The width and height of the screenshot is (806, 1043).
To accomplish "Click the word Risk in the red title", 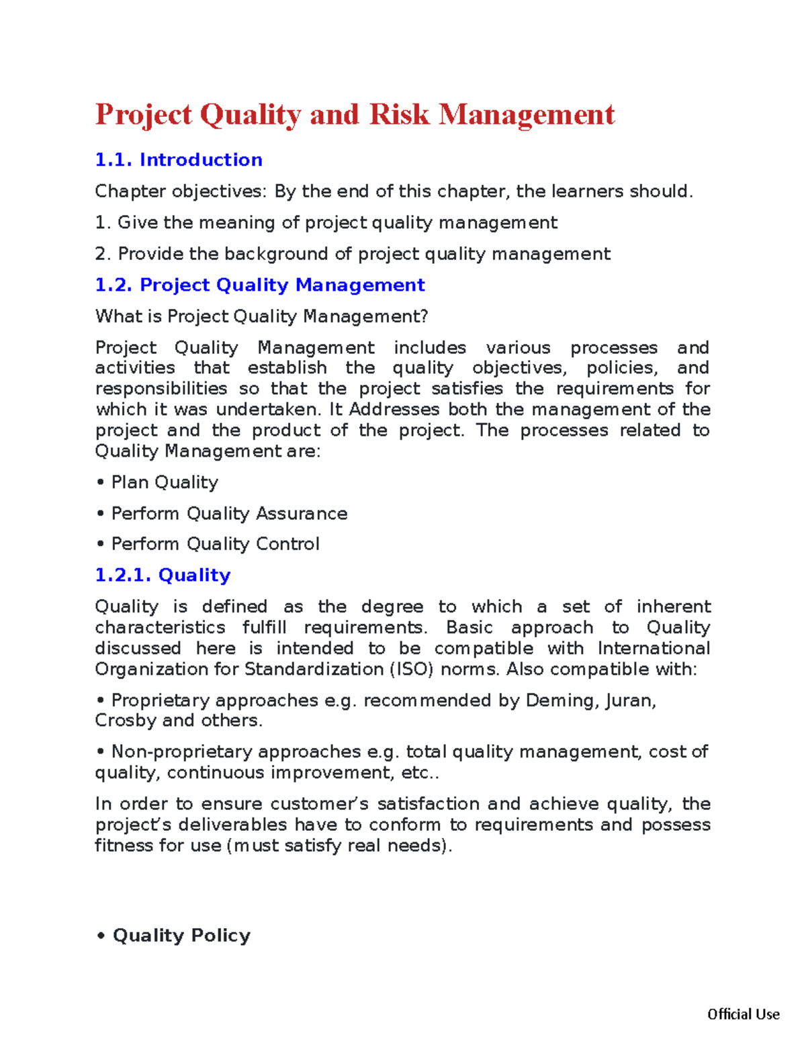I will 399,115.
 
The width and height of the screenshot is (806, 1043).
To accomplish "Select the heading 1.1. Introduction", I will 179,160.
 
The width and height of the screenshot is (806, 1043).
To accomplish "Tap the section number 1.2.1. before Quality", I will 123,576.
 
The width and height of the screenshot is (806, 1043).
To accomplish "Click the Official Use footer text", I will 743,1014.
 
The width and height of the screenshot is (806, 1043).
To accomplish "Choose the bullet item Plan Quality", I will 165,482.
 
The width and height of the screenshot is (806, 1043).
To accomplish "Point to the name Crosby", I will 126,721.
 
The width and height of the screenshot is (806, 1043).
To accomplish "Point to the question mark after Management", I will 424,316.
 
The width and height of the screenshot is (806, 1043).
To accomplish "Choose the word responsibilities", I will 161,389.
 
